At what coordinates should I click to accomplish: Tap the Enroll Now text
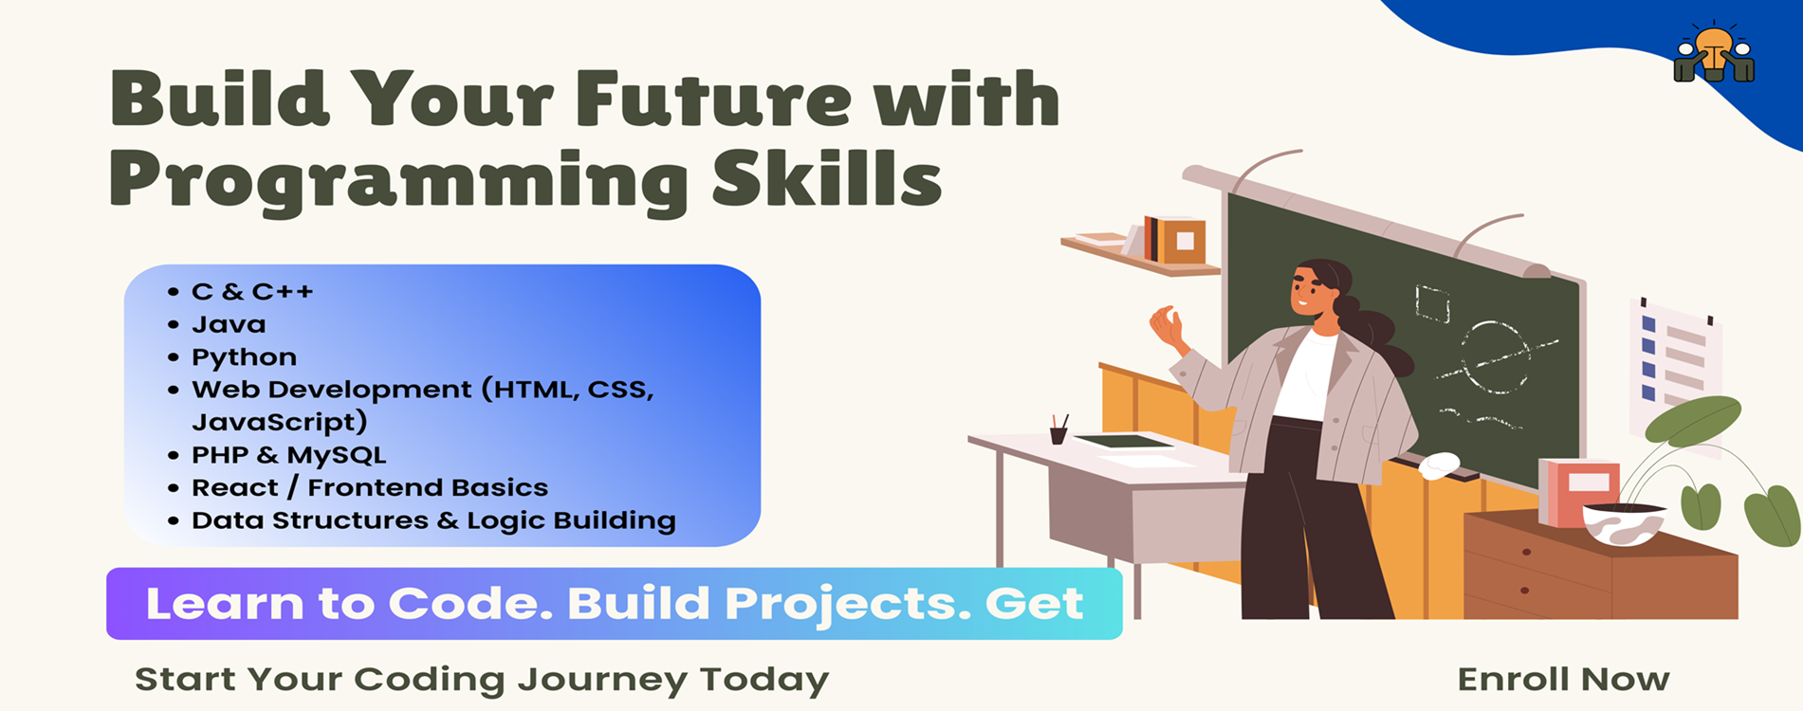[1563, 679]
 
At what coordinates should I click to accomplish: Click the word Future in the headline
[712, 98]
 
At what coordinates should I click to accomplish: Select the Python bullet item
[244, 357]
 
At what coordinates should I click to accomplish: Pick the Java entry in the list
[229, 324]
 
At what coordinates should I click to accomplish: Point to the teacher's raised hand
[1168, 328]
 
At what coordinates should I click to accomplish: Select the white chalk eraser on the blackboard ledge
[1439, 465]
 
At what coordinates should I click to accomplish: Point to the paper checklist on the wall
[1675, 360]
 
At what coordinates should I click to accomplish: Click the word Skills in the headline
[826, 178]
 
